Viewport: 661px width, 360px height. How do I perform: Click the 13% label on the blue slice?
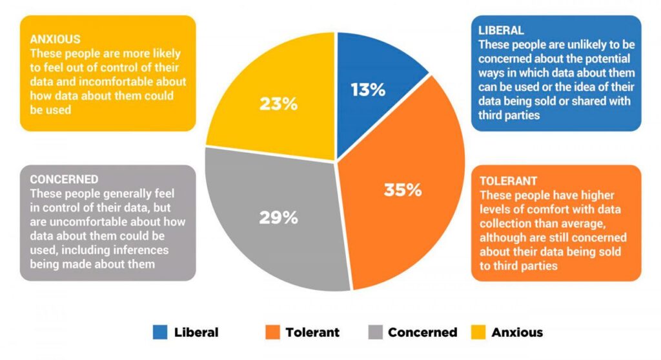[368, 90]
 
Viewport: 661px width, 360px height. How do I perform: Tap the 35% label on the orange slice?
[403, 190]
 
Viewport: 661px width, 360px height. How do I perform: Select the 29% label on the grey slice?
[278, 217]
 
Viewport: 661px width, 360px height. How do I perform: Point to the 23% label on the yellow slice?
[278, 104]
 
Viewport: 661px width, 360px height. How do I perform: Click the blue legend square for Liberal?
[160, 332]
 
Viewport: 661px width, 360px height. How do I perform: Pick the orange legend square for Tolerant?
[272, 332]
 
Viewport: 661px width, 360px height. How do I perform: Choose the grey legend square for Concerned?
[375, 332]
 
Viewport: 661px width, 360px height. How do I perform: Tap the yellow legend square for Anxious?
[478, 332]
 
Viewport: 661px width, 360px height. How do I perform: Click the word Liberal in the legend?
[196, 332]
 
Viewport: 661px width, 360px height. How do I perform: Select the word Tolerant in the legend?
[312, 332]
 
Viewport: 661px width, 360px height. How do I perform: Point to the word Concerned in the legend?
[422, 332]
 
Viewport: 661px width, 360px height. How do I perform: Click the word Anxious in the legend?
[517, 332]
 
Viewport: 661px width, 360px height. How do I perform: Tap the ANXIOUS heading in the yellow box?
[55, 39]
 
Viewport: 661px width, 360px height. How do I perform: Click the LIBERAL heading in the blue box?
[501, 30]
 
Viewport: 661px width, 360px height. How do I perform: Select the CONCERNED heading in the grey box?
[64, 179]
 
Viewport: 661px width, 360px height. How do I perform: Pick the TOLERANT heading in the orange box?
[509, 181]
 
